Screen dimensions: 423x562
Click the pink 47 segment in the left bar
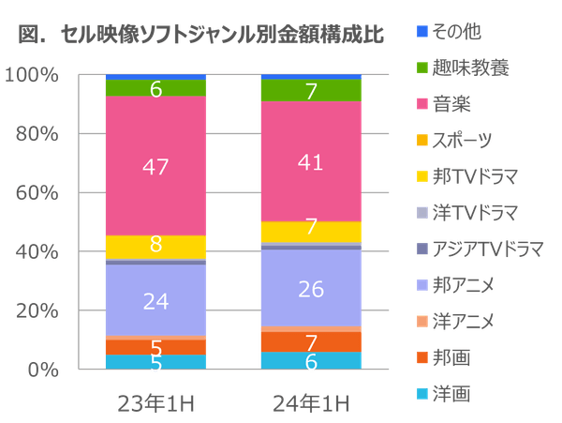155,166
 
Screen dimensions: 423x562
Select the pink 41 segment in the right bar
310,161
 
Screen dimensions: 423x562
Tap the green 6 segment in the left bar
155,89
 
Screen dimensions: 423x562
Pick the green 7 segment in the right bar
310,90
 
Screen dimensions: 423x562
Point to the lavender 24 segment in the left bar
155,300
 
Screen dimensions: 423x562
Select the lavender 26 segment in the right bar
310,289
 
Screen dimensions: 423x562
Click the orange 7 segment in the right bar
310,341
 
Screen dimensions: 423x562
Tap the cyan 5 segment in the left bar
155,362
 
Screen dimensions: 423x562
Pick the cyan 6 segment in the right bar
310,361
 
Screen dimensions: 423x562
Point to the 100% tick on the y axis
38,75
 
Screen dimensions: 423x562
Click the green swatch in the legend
422,68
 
